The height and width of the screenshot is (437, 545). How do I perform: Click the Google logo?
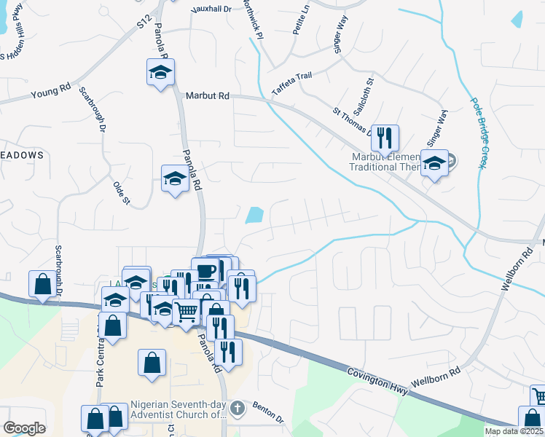click(24, 428)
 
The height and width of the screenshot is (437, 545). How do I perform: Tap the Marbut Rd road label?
click(207, 95)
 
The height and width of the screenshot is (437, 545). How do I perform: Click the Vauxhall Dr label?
click(211, 9)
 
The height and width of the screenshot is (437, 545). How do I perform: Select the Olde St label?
click(120, 192)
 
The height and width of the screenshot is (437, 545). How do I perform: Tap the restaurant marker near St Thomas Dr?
click(385, 136)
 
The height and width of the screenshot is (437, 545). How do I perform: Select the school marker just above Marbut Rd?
click(160, 72)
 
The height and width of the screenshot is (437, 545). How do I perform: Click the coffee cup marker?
click(205, 271)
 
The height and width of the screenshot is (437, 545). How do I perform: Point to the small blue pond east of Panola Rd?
click(254, 215)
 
